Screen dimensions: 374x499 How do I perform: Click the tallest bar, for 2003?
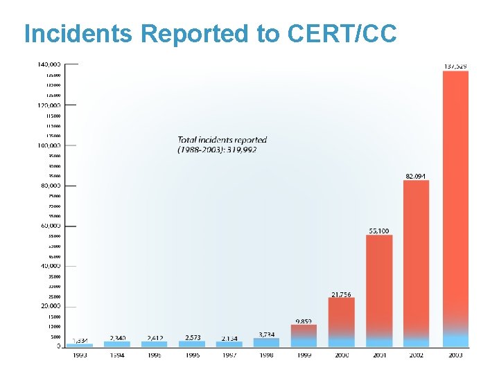pyautogui.click(x=455, y=208)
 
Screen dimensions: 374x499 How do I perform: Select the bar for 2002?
pyautogui.click(x=416, y=263)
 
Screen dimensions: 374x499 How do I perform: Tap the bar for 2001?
pyautogui.click(x=379, y=291)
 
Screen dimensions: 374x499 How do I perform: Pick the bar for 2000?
pyautogui.click(x=341, y=322)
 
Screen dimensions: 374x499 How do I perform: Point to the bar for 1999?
pyautogui.click(x=304, y=335)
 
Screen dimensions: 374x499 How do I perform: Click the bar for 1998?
pyautogui.click(x=266, y=342)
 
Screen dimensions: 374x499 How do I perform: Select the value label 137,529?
pyautogui.click(x=455, y=66)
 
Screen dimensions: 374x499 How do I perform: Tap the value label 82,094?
pyautogui.click(x=416, y=176)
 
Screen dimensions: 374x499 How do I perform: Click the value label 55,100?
pyautogui.click(x=378, y=230)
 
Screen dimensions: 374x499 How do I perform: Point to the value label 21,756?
pyautogui.click(x=341, y=294)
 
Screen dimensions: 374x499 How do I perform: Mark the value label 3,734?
pyautogui.click(x=267, y=335)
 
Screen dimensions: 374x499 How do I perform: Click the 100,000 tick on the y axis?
pyautogui.click(x=49, y=145)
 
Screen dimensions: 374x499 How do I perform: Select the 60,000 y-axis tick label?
pyautogui.click(x=51, y=226)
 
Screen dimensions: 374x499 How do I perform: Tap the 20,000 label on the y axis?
pyautogui.click(x=51, y=306)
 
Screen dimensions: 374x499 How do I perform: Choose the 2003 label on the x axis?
pyautogui.click(x=455, y=355)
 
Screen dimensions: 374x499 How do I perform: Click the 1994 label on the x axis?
pyautogui.click(x=117, y=355)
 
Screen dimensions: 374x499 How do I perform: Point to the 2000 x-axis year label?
pyautogui.click(x=342, y=355)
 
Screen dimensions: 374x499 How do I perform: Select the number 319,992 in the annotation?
pyautogui.click(x=242, y=150)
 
